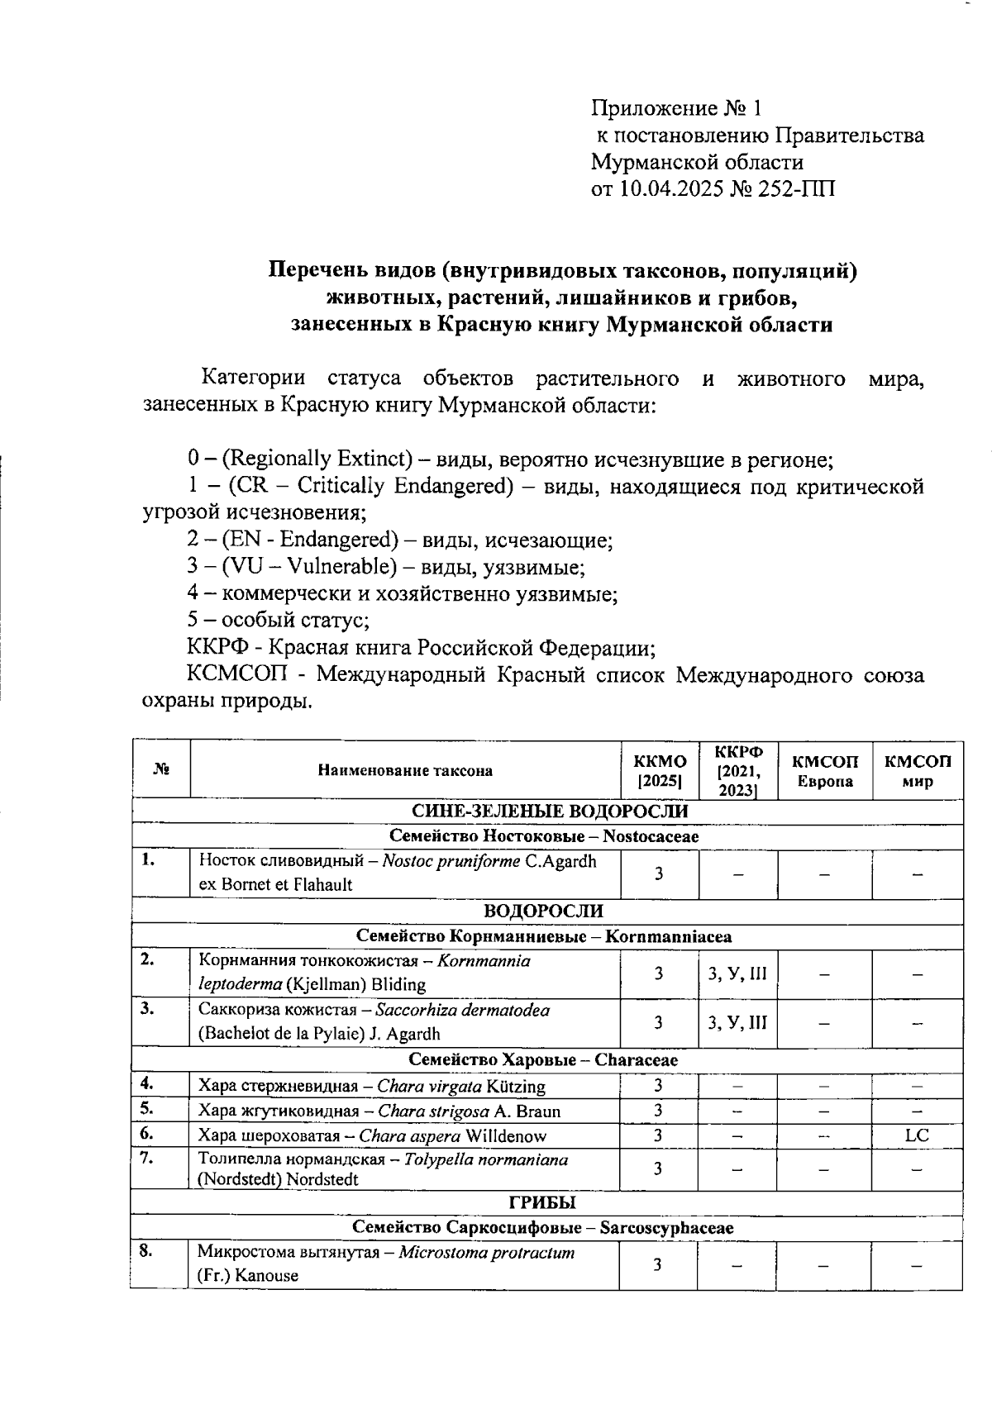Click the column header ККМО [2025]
coord(659,770)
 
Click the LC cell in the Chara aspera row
coord(917,1135)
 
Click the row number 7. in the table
coord(148,1158)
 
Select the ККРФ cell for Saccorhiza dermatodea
coord(737,1022)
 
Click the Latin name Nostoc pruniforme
coord(451,861)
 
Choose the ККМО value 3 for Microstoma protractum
coord(658,1264)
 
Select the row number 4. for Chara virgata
coord(148,1084)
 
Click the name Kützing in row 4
coord(517,1086)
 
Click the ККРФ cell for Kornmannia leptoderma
coord(737,973)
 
